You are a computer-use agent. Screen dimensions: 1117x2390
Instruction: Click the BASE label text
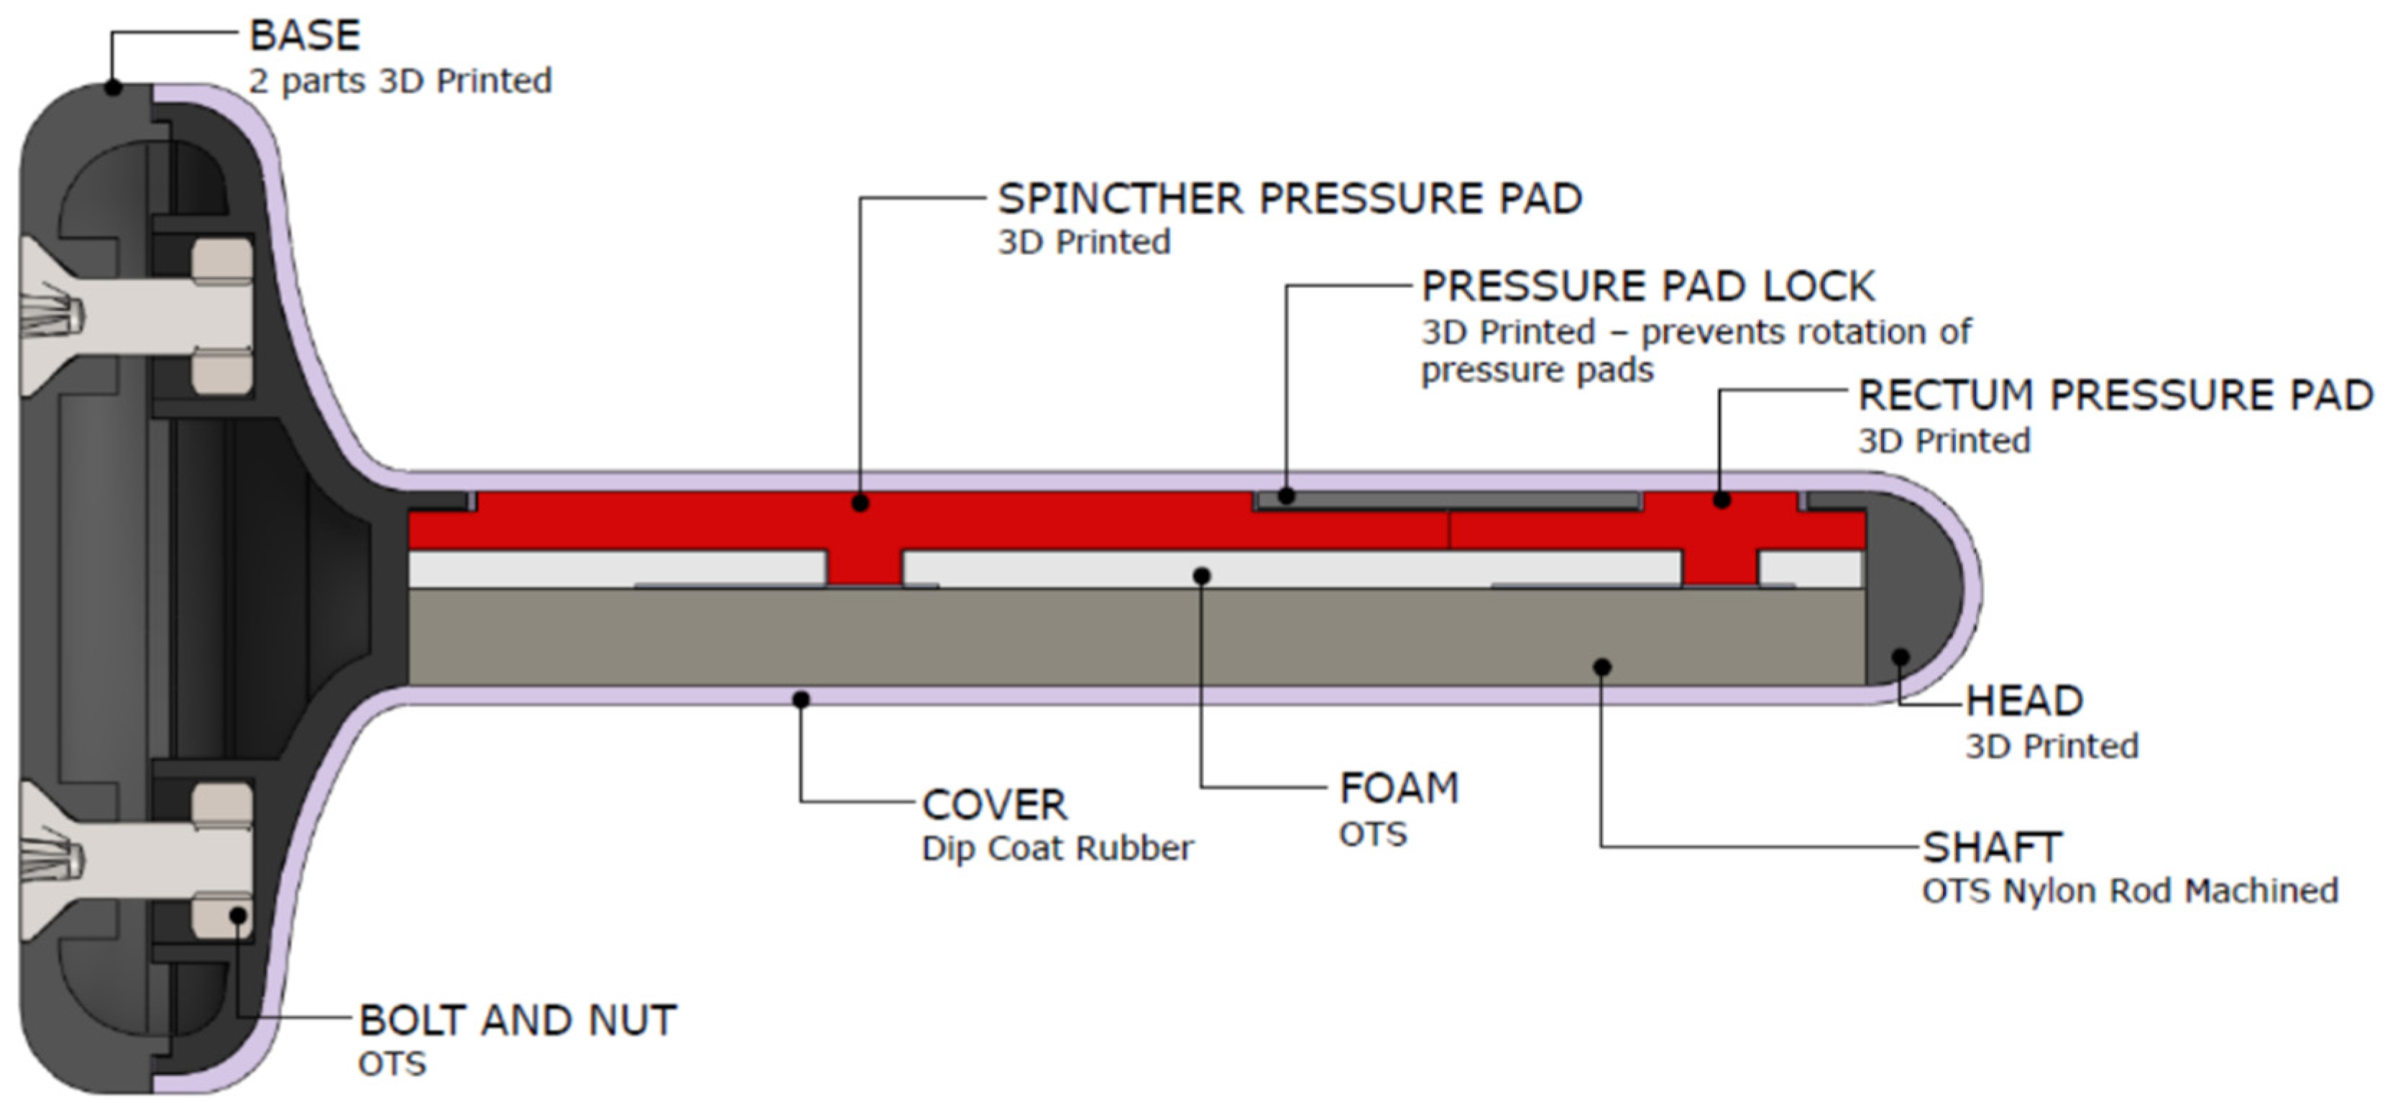304,35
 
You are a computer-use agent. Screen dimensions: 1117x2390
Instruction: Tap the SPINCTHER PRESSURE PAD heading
1289,198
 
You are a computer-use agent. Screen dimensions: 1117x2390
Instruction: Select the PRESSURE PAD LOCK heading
1647,286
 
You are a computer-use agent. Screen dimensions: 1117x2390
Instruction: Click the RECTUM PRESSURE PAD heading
2115,395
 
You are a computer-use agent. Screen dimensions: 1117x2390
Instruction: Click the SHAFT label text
1991,847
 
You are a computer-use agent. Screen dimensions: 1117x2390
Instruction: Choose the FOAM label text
1399,789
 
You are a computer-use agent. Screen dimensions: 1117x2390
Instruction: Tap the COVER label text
993,805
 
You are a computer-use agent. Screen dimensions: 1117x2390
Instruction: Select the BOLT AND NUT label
518,1021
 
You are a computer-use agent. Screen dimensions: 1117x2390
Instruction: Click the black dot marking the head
1900,657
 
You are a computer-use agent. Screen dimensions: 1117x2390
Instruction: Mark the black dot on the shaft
1601,667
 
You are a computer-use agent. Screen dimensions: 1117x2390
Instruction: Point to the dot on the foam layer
1202,576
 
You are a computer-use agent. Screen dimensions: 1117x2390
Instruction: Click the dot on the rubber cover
801,699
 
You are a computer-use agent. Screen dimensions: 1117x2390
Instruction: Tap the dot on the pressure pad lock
1286,497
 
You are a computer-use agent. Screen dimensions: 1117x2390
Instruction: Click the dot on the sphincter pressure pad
860,504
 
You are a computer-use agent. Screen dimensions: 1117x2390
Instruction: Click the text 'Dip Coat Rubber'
1057,849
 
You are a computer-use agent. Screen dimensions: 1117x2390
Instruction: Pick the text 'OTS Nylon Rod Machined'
2129,891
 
